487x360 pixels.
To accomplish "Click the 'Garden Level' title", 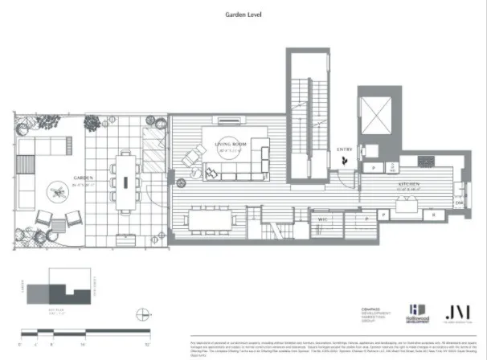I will click(x=243, y=14).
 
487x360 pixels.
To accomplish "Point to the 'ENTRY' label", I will click(x=345, y=149).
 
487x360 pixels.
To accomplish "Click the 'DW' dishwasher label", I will click(x=460, y=203).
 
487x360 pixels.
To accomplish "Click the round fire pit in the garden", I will click(x=57, y=191).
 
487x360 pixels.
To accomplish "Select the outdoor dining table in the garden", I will click(x=125, y=181).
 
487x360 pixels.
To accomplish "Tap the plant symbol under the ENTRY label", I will click(x=345, y=161).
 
